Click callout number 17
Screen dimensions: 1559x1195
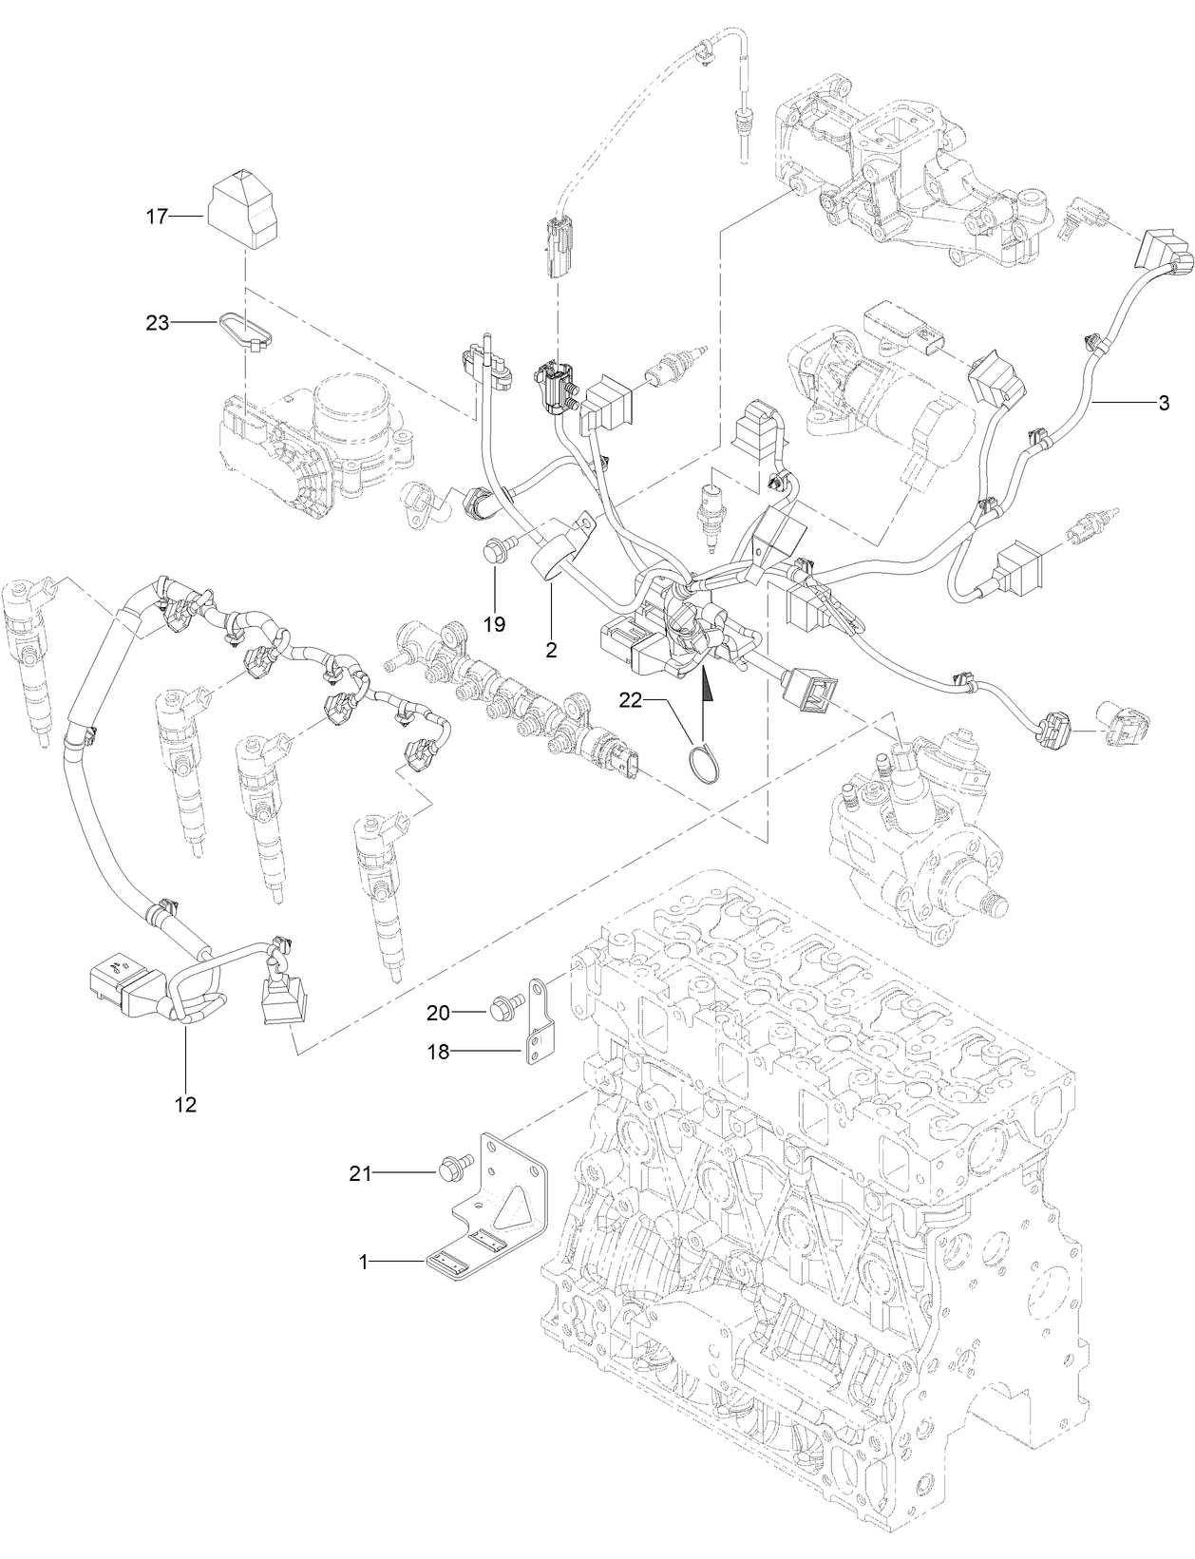157,218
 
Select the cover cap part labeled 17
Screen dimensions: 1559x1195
242,210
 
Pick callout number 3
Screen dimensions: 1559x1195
1164,403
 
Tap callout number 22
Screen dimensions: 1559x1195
631,699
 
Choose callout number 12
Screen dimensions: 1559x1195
185,1104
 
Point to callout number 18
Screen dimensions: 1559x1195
438,1052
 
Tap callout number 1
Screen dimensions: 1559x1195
363,1261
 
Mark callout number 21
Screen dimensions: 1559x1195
360,1173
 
